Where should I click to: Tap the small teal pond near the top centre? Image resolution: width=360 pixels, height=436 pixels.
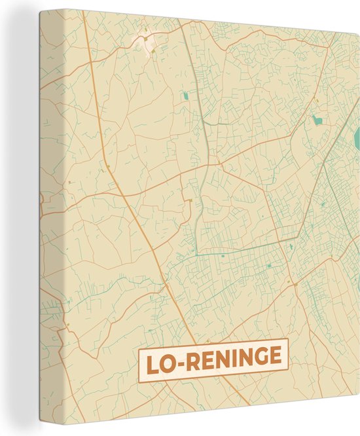point(185,96)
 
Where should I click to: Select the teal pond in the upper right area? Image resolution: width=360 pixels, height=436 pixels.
point(317,120)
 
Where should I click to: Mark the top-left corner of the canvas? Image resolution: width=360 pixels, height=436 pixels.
point(39,11)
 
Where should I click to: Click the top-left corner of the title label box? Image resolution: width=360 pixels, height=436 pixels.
point(138,351)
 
